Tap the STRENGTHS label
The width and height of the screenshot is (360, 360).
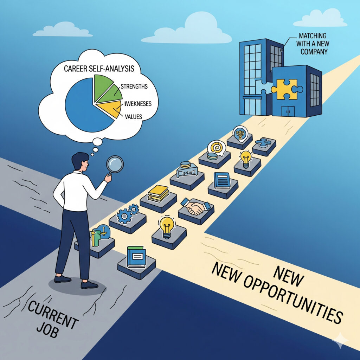coord(134,86)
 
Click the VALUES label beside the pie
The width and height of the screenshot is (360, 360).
coord(133,116)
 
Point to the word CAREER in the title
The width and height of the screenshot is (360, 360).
coord(77,68)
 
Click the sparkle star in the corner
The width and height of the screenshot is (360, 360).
coord(340,340)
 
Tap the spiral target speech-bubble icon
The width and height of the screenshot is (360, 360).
coord(217,148)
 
